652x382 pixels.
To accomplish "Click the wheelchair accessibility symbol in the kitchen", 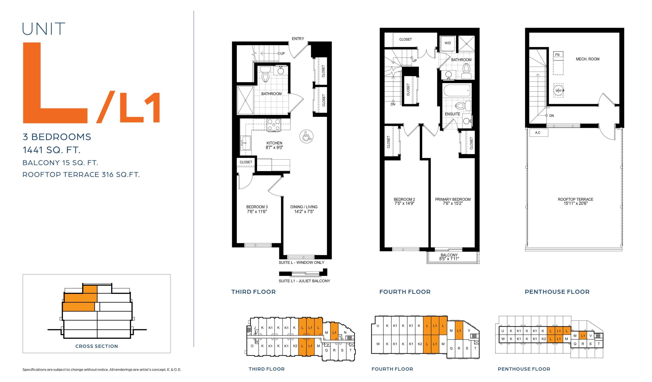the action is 306,136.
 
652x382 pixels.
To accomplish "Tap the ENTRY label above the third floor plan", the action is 298,38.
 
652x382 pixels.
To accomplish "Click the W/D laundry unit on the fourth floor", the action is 447,43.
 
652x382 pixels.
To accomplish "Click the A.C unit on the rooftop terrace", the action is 538,133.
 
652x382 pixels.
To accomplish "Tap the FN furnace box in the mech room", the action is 558,55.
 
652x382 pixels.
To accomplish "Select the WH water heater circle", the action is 558,90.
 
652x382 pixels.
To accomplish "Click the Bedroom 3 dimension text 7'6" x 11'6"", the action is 257,211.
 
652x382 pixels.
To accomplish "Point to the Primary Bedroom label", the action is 453,199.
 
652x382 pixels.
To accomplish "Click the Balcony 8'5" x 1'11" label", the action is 449,257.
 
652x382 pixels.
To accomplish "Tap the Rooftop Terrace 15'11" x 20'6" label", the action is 575,201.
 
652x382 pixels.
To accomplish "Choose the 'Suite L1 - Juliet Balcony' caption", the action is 304,281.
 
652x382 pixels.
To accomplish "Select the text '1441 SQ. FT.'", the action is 51,150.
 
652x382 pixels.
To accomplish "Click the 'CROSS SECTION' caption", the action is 97,346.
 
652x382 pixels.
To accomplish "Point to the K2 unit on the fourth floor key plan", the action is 420,344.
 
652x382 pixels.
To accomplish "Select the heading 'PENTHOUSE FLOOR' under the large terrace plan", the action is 557,292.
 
